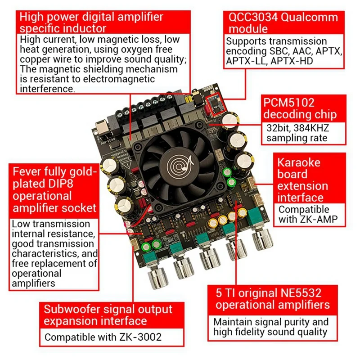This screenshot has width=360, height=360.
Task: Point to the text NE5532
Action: (300, 293)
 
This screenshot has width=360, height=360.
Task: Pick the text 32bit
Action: (278, 128)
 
